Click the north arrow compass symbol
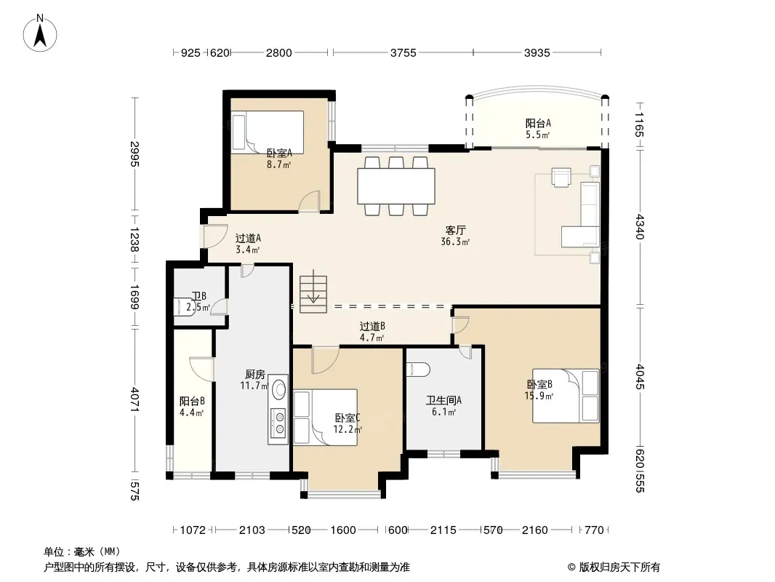(x=40, y=33)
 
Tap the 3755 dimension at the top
(x=403, y=52)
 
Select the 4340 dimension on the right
(x=640, y=226)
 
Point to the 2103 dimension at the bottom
(x=252, y=530)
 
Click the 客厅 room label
(x=455, y=231)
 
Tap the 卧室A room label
(x=279, y=154)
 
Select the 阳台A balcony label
(x=538, y=123)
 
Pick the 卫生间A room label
(x=444, y=401)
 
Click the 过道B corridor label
(x=372, y=327)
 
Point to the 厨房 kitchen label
(x=255, y=375)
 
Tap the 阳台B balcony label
(x=192, y=401)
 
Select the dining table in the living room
(x=396, y=186)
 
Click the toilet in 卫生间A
(x=418, y=370)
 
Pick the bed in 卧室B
(x=566, y=396)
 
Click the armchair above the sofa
(x=561, y=178)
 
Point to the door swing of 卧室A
(x=310, y=202)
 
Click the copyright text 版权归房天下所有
(x=619, y=567)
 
